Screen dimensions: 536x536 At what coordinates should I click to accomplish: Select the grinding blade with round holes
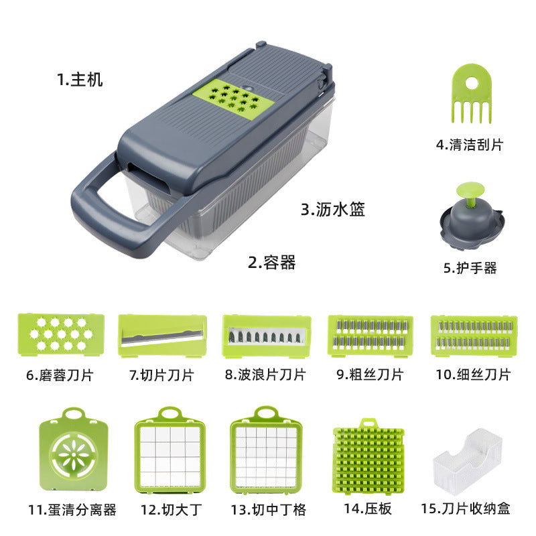click(61, 334)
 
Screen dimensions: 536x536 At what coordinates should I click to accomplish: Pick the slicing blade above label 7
click(162, 336)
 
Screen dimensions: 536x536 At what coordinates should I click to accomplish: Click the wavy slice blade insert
click(267, 336)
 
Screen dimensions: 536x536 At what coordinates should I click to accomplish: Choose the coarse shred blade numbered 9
click(371, 336)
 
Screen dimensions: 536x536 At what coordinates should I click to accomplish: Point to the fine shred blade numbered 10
click(474, 336)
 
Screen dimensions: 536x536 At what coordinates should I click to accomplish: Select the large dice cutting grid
click(170, 450)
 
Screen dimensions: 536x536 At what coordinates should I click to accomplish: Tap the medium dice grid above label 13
click(266, 450)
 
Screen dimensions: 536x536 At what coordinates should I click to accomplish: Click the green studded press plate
click(368, 456)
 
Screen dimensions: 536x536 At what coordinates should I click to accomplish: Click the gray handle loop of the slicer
click(103, 219)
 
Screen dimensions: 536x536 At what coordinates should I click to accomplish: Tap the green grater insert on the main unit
click(234, 98)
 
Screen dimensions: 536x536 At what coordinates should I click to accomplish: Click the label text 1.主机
click(80, 80)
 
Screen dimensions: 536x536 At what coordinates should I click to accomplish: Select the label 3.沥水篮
click(332, 209)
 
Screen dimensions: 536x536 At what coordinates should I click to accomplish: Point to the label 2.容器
click(272, 263)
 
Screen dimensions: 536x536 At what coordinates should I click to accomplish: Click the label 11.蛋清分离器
click(72, 510)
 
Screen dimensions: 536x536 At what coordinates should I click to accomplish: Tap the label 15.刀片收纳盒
click(465, 509)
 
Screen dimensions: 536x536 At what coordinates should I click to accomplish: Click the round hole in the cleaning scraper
click(472, 82)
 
